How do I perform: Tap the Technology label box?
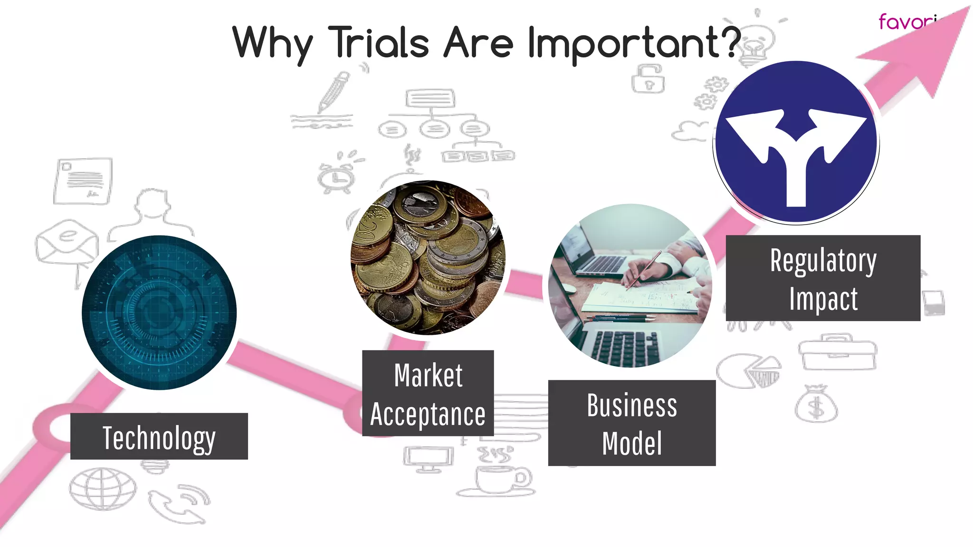point(159,436)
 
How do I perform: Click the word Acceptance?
point(428,414)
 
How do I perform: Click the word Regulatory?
point(823,261)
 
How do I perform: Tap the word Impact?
point(823,299)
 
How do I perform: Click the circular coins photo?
point(428,257)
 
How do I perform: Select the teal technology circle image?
point(159,312)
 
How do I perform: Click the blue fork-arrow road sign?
point(796,142)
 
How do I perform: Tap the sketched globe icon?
point(103,489)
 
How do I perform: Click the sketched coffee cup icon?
point(499,480)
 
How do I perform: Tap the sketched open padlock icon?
point(648,80)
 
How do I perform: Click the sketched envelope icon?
point(67,242)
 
